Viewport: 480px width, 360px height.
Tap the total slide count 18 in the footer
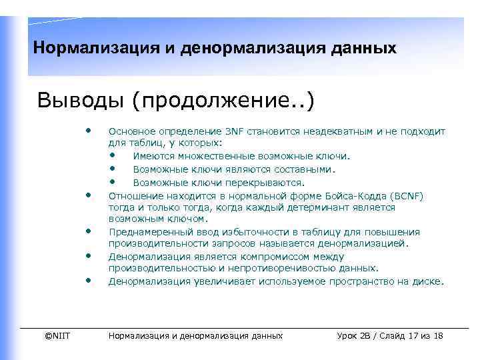click(x=438, y=335)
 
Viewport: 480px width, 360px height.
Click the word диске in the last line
click(x=427, y=281)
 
